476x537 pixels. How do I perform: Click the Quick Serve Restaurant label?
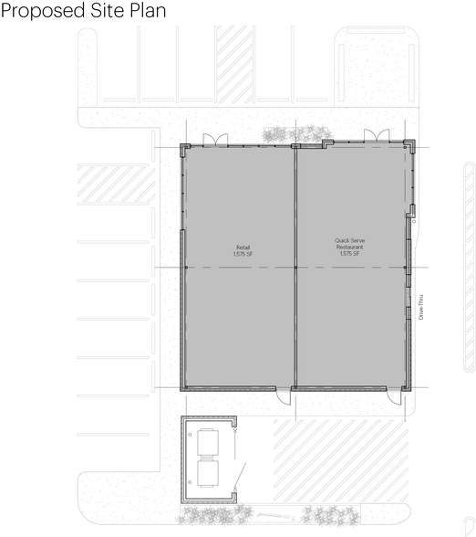(349, 244)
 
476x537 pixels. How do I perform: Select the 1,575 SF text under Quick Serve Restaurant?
(349, 254)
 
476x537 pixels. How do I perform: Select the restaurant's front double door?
(376, 137)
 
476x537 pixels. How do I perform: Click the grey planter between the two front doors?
(295, 134)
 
